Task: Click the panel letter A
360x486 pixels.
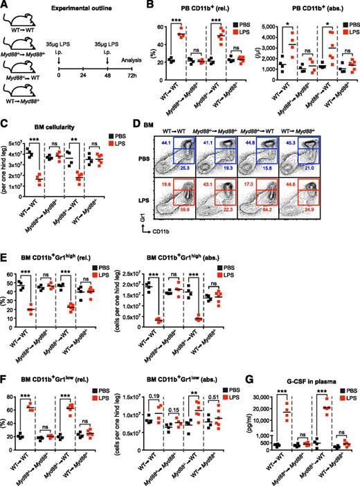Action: [x=6, y=6]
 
